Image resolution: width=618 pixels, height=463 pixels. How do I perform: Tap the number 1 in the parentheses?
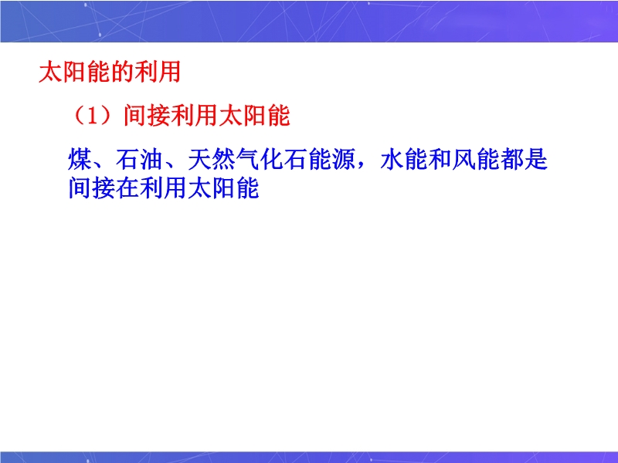(93, 117)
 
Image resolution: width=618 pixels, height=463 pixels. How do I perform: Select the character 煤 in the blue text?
(80, 160)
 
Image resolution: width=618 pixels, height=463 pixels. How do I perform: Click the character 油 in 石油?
(151, 160)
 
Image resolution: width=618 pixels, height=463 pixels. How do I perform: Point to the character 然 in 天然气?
(223, 160)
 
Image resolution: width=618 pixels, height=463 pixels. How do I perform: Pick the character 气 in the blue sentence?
(247, 160)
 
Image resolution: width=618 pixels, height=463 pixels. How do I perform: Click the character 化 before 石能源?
(272, 160)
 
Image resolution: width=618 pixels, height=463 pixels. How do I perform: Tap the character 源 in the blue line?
(343, 160)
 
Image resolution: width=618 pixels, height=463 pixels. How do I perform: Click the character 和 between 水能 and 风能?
(440, 160)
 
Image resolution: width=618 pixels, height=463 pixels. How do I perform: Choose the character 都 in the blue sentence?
(511, 160)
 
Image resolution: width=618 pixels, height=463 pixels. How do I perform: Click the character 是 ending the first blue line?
(535, 160)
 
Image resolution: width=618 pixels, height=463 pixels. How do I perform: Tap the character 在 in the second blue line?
(127, 188)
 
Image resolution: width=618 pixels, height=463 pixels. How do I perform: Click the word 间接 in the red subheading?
(147, 116)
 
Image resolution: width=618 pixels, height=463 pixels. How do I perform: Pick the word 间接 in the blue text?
(92, 188)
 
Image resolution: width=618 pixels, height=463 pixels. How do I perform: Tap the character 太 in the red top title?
(51, 72)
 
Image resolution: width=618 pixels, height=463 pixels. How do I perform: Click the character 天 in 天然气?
(199, 160)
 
